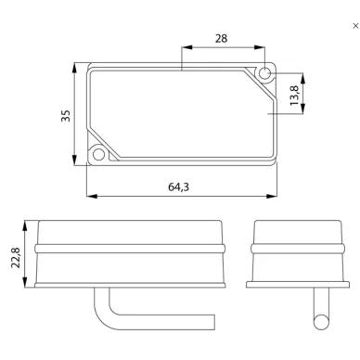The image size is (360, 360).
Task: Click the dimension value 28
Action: point(221,39)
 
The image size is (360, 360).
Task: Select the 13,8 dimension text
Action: point(295,96)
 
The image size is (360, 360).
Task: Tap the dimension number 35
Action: point(66,116)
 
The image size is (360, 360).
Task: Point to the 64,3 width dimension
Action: point(178,186)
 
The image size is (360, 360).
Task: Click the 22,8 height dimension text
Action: point(16,257)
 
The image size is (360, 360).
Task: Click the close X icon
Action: point(355,26)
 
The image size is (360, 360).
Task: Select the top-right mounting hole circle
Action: point(264,73)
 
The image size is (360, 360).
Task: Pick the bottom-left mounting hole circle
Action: point(98,154)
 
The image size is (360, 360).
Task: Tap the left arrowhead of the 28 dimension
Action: point(187,47)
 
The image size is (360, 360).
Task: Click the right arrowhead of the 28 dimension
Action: point(260,47)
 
